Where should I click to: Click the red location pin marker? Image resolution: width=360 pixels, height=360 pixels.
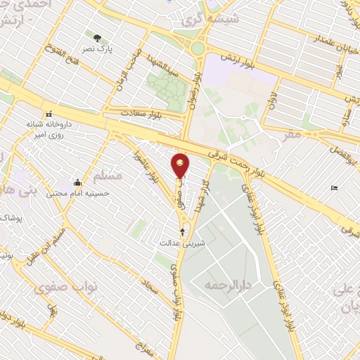181,166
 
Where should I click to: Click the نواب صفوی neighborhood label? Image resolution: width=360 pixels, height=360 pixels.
58,288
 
